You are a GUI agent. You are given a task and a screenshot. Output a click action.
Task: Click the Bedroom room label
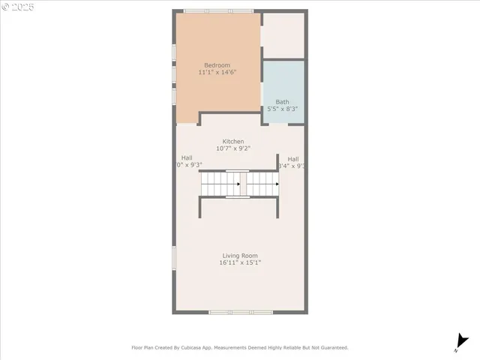point(217,65)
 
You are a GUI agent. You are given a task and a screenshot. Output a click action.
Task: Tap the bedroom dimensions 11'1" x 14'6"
point(217,73)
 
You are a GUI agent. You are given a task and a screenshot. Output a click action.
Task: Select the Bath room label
point(282,102)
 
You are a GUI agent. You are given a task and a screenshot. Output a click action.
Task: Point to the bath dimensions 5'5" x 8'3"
point(283,109)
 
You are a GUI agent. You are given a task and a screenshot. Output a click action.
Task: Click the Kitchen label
point(232,142)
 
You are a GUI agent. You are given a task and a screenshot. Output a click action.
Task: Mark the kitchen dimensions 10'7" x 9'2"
point(232,148)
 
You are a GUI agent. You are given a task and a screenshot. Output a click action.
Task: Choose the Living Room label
point(239,256)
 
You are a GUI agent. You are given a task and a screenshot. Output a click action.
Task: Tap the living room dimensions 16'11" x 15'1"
point(239,263)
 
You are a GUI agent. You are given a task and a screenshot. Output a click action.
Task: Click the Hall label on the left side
point(186,157)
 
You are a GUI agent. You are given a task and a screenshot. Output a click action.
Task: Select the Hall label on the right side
point(293,159)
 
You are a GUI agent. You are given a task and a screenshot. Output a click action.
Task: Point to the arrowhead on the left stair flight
point(238,184)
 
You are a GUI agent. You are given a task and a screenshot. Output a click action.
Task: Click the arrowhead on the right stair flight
point(277,184)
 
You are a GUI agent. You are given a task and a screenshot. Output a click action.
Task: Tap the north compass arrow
point(457,343)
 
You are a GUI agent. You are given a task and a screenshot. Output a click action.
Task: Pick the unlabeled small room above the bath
point(283,35)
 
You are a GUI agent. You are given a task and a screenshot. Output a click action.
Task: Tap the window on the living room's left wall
point(174,259)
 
